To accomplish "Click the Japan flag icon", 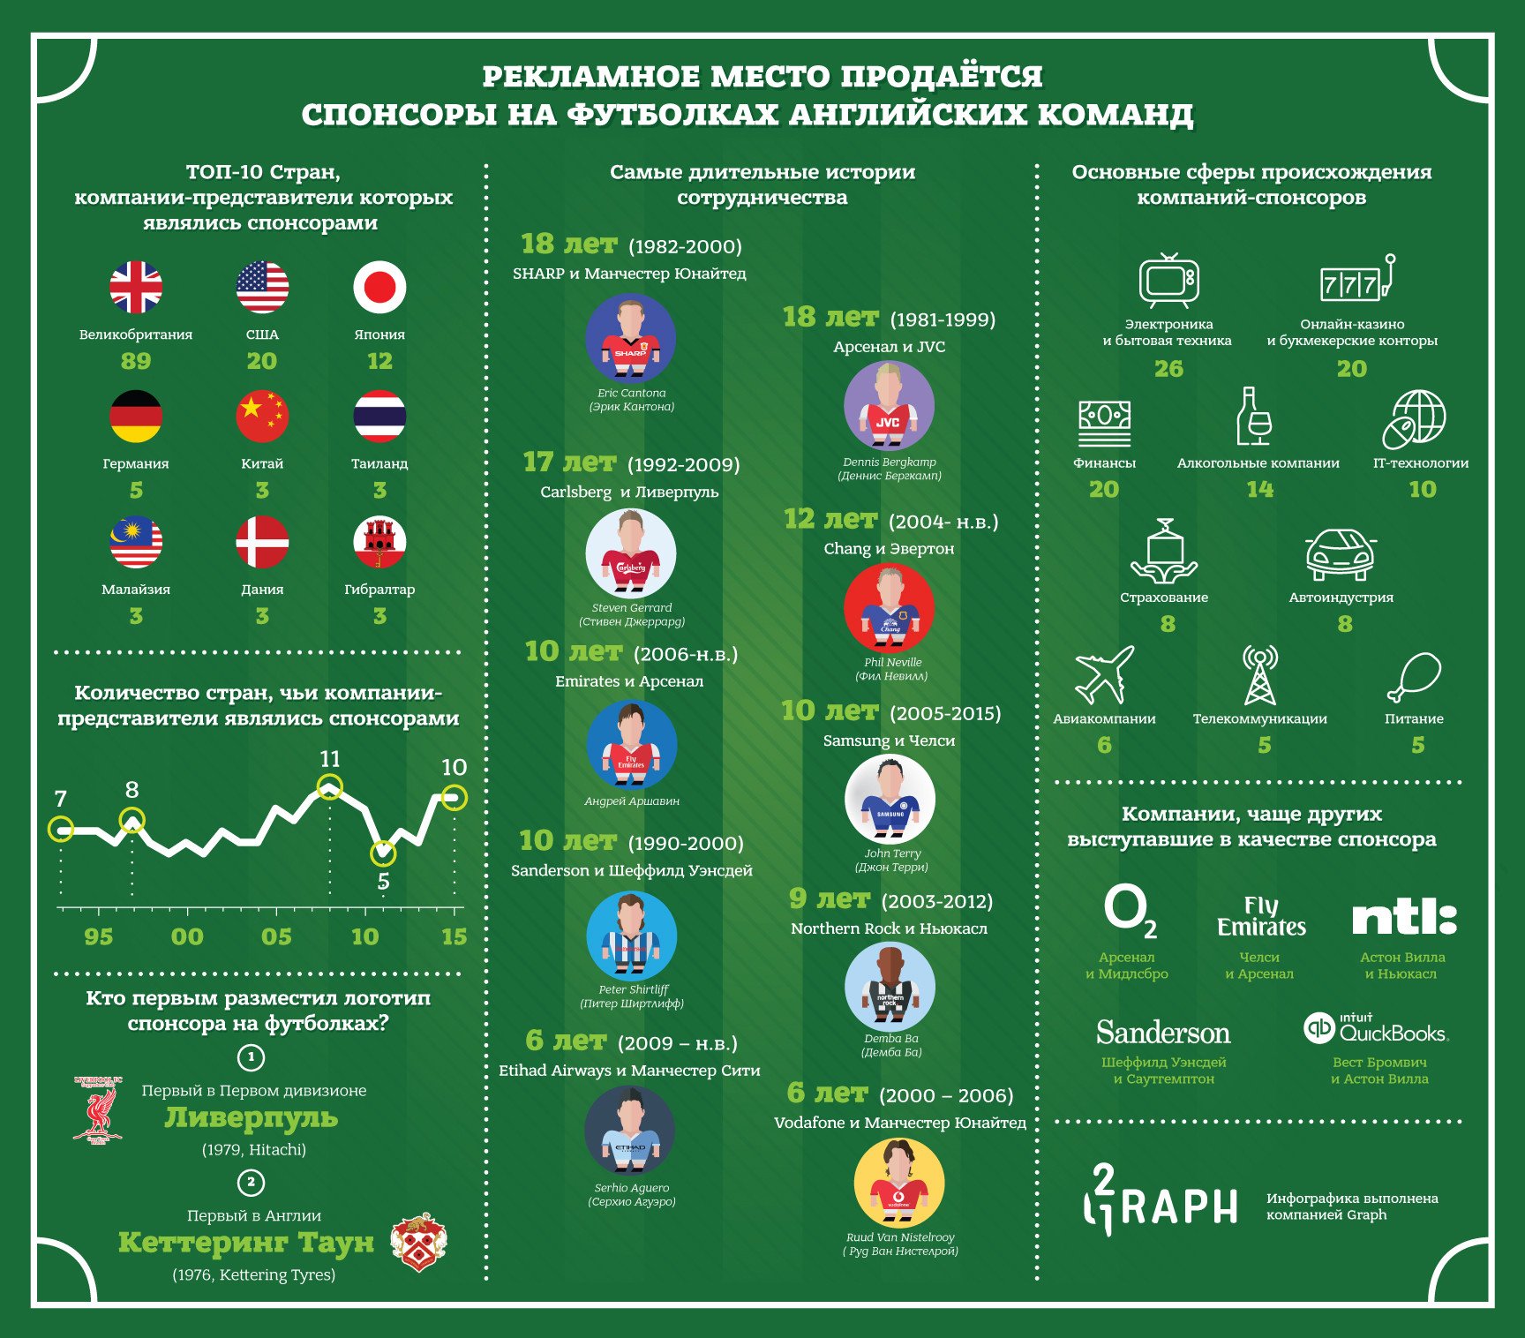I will pos(379,287).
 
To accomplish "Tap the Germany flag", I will pos(136,416).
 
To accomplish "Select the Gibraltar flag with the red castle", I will pos(379,542).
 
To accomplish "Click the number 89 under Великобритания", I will pos(136,361).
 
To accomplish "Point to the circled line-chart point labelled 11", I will pos(329,786).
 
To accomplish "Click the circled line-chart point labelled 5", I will pos(383,853).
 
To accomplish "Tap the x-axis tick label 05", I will pos(276,936).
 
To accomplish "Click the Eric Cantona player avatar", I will pos(631,339).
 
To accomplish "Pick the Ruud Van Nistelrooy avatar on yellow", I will pos(899,1184).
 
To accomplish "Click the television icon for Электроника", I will pos(1168,281).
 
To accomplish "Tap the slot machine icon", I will pos(1357,279).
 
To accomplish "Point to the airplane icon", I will pos(1104,675).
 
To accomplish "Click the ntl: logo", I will pos(1403,919).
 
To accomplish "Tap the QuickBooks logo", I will pos(1376,1028).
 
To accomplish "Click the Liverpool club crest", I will pos(98,1109).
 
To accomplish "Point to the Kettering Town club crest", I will pos(419,1241).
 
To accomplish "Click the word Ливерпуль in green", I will pos(252,1118).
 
